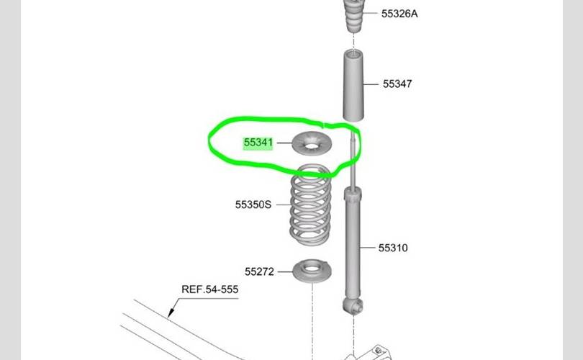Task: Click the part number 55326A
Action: coord(399,13)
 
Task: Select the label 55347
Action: coord(397,84)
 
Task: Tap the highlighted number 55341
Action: coord(258,143)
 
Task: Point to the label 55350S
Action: coord(253,204)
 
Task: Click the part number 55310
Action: coord(393,248)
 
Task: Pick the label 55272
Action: coord(259,271)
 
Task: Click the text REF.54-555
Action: coord(209,289)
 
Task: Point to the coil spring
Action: coord(310,206)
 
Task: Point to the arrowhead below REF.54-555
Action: coord(171,312)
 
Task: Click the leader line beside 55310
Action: coord(370,248)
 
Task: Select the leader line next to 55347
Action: coord(370,84)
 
